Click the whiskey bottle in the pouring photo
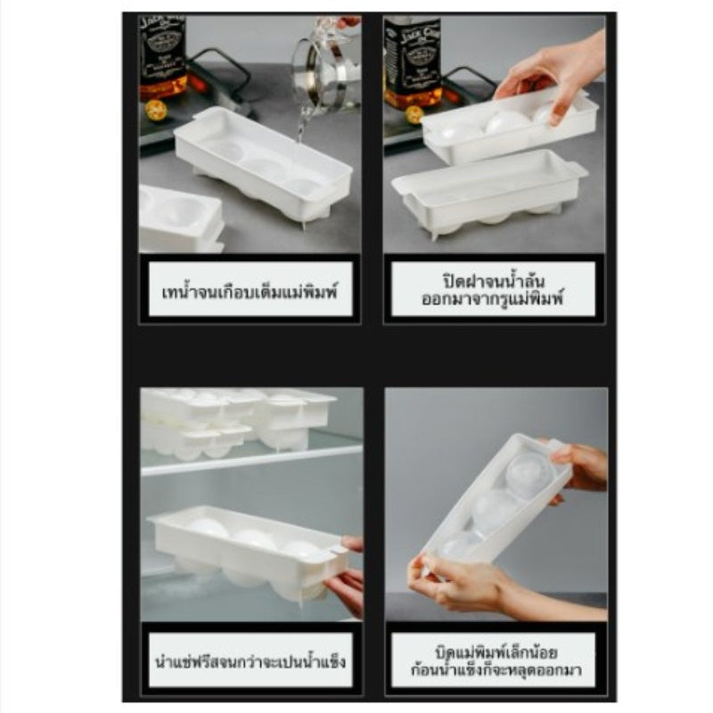162,58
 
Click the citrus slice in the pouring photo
155,111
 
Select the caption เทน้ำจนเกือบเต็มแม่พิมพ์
250,291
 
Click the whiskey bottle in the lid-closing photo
411,62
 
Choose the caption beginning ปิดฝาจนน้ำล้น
493,290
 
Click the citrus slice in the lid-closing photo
414,115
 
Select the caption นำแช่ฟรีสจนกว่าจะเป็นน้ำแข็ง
250,661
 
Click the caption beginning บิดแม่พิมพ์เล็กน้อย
496,661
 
